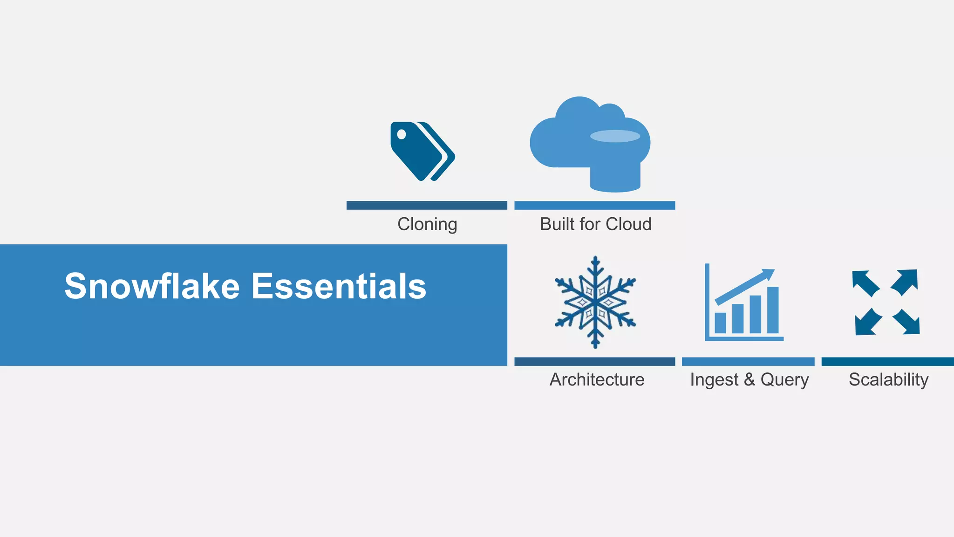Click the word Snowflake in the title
click(152, 286)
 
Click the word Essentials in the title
click(339, 286)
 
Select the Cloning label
click(427, 224)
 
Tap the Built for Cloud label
click(595, 224)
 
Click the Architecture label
click(597, 379)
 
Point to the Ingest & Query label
click(749, 379)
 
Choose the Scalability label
click(888, 379)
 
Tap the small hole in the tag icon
click(401, 135)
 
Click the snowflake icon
click(595, 302)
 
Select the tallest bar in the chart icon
click(773, 310)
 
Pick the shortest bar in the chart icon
click(720, 323)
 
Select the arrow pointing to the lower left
click(867, 323)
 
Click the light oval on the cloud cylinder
click(615, 136)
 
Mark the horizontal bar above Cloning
click(427, 206)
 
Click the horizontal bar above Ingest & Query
click(748, 362)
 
